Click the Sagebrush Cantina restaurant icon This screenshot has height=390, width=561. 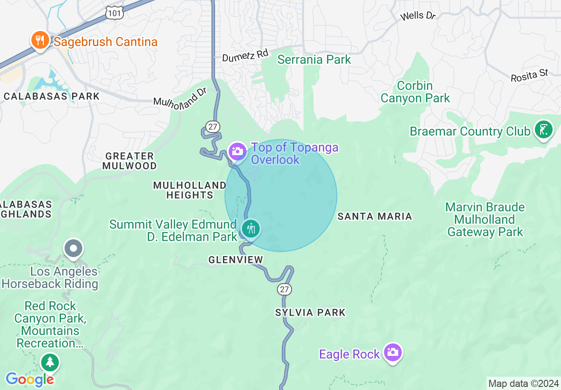tap(40, 41)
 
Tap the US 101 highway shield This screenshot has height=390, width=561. tap(114, 13)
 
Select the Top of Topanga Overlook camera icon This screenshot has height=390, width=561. tap(238, 151)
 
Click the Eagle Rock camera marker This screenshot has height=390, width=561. tap(392, 352)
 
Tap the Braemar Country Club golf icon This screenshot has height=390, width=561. tap(544, 130)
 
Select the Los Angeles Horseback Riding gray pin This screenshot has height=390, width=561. tap(73, 249)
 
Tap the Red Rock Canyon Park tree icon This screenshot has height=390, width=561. tap(50, 362)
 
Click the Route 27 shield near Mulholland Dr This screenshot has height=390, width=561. tap(213, 127)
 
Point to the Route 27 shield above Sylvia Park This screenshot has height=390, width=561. tap(284, 289)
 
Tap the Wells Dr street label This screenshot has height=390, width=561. tap(418, 16)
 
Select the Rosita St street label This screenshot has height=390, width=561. tap(529, 75)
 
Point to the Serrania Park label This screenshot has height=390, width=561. tap(314, 59)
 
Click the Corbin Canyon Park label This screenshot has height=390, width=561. tap(415, 92)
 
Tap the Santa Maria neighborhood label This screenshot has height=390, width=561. tap(375, 216)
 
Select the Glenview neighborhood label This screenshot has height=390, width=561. tap(236, 260)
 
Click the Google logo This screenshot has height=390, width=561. tap(30, 379)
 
